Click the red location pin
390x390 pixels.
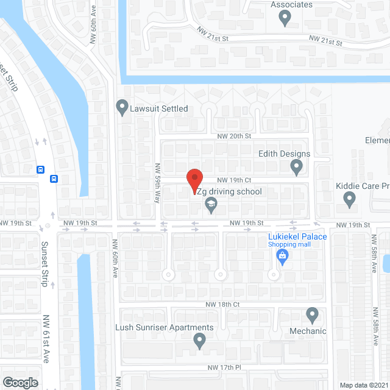(x=194, y=180)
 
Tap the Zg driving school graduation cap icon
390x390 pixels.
(x=211, y=204)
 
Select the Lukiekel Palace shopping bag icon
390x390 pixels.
(x=283, y=257)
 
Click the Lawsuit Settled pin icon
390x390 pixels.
(x=122, y=108)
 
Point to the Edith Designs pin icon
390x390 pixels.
(x=297, y=166)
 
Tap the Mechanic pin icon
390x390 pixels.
(x=312, y=315)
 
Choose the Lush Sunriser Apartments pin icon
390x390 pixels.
(x=199, y=341)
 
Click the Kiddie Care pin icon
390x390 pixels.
(x=349, y=198)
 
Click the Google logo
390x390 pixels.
(x=20, y=383)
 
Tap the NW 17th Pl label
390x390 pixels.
(x=225, y=367)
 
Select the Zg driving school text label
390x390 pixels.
(x=230, y=191)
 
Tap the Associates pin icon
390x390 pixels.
(x=284, y=18)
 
